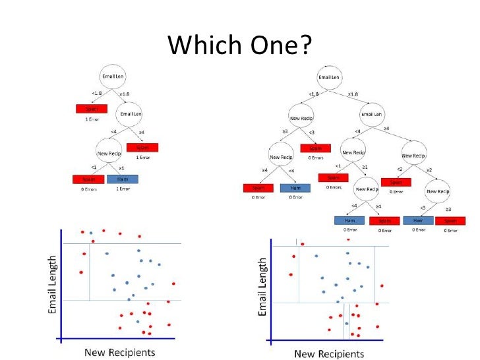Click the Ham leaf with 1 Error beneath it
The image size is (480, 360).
[123, 179]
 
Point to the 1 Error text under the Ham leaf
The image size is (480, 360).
[123, 190]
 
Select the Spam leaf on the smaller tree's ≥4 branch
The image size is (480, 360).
[143, 148]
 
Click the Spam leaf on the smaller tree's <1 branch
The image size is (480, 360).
[88, 179]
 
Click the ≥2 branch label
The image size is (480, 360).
[428, 169]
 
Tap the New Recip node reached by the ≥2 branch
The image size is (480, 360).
[438, 192]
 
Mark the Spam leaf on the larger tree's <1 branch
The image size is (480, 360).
[333, 177]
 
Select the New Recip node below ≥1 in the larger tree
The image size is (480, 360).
[369, 189]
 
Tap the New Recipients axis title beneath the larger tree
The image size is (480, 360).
[331, 353]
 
